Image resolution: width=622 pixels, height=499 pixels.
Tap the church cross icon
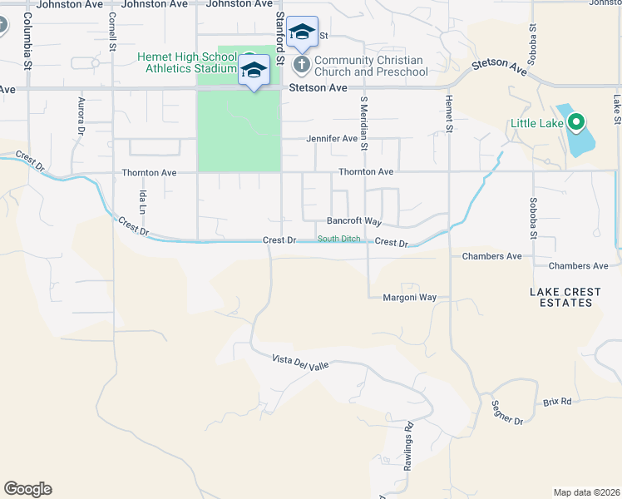pyautogui.click(x=302, y=63)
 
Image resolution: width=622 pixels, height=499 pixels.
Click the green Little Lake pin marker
pyautogui.click(x=575, y=124)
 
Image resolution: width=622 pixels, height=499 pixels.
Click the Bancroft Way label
pyautogui.click(x=353, y=222)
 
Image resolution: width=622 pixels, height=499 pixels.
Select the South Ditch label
pyautogui.click(x=339, y=240)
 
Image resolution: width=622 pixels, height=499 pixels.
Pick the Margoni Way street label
pyautogui.click(x=409, y=297)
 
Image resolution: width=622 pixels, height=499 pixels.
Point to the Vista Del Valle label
pyautogui.click(x=301, y=364)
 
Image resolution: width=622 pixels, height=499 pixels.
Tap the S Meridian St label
pyautogui.click(x=363, y=120)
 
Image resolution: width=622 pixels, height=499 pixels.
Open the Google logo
pyautogui.click(x=27, y=489)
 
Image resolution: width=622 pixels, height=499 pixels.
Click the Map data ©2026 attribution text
pyautogui.click(x=585, y=492)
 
